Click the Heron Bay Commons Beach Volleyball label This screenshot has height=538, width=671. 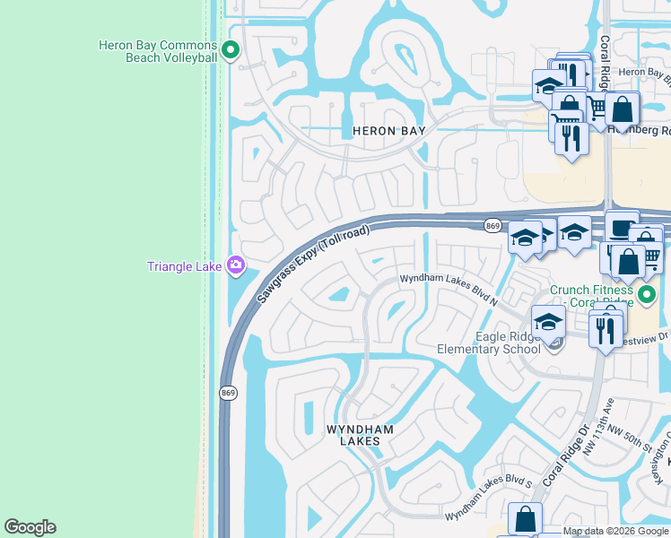[x=158, y=51]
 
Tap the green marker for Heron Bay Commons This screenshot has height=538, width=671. [x=231, y=50]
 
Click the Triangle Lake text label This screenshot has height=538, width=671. [x=185, y=265]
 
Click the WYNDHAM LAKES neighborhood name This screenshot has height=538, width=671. [x=360, y=436]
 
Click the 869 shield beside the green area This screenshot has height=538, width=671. [x=227, y=393]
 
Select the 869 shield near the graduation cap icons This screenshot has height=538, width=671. [x=492, y=225]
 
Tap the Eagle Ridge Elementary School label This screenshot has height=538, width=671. [x=489, y=342]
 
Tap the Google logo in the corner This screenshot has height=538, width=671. [x=30, y=527]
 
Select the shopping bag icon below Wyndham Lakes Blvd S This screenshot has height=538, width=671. [x=525, y=518]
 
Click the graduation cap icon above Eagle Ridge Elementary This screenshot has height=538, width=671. [x=547, y=320]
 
